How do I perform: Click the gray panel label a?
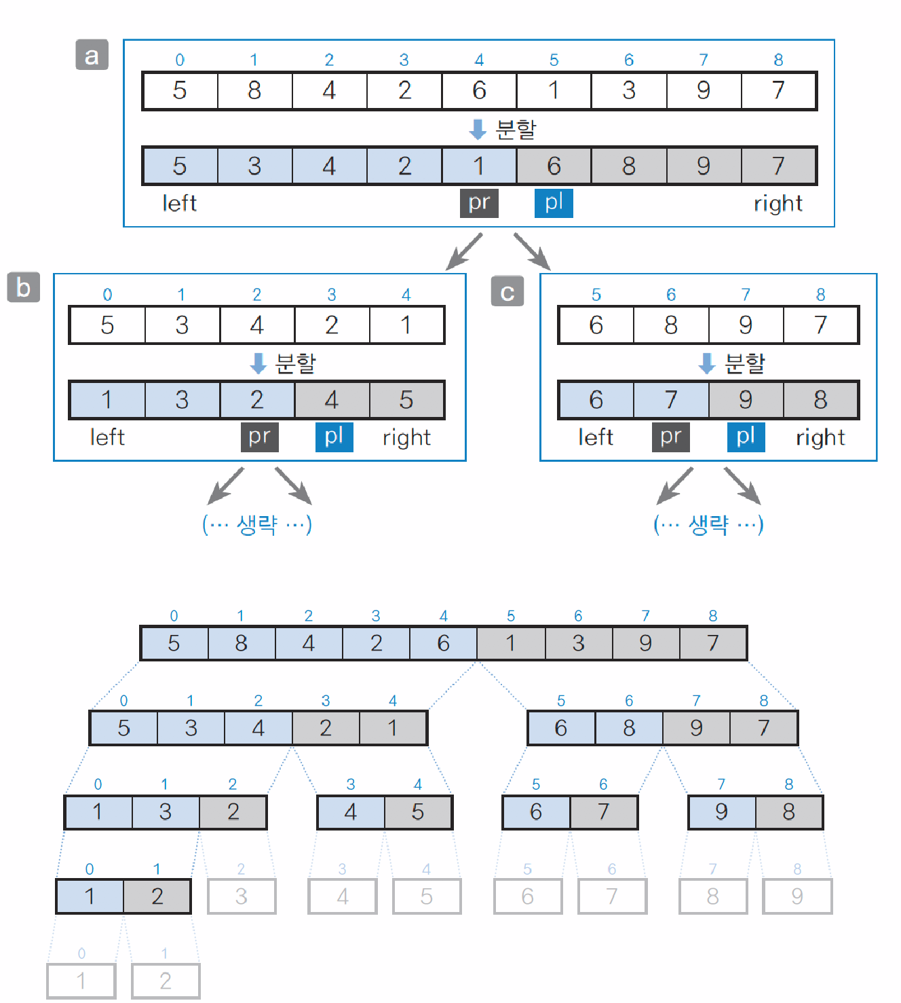[92, 55]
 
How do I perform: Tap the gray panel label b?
[23, 288]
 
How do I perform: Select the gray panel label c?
[507, 292]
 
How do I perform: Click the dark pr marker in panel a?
[479, 203]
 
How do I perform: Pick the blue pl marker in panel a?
[554, 203]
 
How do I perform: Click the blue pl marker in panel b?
[334, 437]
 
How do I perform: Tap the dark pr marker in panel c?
[670, 437]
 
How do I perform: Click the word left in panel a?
[179, 203]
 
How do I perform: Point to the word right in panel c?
[820, 437]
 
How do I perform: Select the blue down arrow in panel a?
[478, 129]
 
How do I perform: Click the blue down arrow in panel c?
[707, 363]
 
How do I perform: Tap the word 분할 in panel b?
[296, 363]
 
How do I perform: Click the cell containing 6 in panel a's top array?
[479, 90]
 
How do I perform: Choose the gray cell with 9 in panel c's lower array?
[745, 400]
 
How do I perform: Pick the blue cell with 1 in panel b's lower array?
[107, 400]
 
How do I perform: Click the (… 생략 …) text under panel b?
[257, 524]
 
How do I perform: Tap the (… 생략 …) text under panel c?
[708, 524]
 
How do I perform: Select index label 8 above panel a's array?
[778, 60]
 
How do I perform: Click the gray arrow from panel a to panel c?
[531, 251]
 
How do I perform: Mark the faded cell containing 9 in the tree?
[797, 896]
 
